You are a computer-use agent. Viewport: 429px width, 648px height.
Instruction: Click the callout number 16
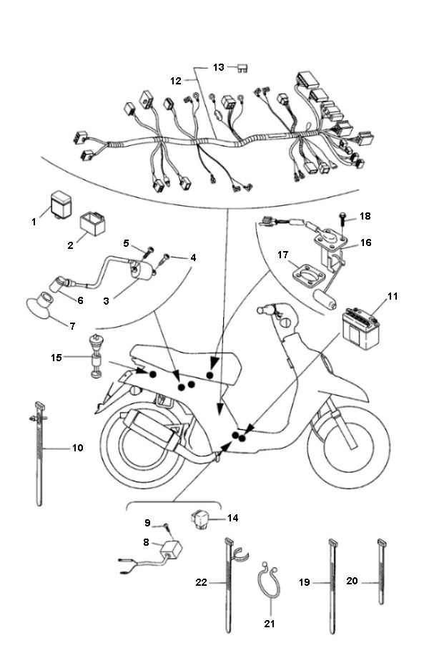pos(365,242)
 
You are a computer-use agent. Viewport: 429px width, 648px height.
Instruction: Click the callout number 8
pos(148,542)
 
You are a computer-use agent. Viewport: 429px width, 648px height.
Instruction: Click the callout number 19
pos(303,583)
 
